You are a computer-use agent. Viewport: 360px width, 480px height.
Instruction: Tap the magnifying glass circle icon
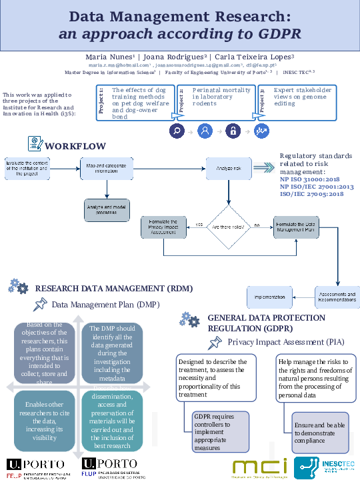[178, 131]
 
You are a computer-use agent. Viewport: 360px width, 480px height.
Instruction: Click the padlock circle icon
[233, 131]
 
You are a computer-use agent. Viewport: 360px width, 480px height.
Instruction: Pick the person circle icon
[205, 131]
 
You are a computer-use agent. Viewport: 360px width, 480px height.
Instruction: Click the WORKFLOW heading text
[75, 146]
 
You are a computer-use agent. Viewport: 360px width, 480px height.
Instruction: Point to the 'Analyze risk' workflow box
[227, 169]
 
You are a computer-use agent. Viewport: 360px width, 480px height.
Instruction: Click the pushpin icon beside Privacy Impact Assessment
[215, 342]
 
